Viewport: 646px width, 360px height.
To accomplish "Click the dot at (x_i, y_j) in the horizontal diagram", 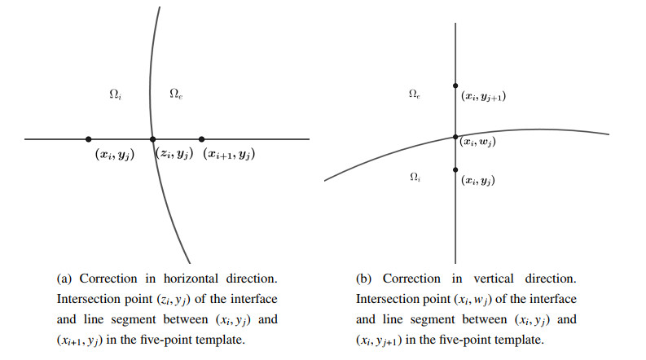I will pos(88,139).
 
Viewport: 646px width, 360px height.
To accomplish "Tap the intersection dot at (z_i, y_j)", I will pos(152,139).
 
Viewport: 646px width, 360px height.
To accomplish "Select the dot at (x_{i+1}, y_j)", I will pos(202,139).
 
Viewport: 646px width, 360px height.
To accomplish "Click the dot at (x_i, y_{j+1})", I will pos(455,85).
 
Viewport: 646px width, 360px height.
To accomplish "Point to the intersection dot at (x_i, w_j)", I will pos(455,137).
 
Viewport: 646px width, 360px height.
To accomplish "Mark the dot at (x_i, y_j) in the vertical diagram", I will pos(455,169).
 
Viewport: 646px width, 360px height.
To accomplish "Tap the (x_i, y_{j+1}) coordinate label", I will pos(483,97).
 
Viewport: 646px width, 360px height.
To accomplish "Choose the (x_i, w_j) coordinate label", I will pos(478,143).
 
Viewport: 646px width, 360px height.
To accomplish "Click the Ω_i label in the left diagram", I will pos(116,94).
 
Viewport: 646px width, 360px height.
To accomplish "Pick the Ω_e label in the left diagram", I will pos(175,94).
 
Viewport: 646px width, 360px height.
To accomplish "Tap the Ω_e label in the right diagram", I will pos(414,95).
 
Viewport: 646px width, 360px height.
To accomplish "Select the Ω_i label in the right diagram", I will pos(414,177).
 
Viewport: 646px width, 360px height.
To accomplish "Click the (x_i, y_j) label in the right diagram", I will pos(478,181).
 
